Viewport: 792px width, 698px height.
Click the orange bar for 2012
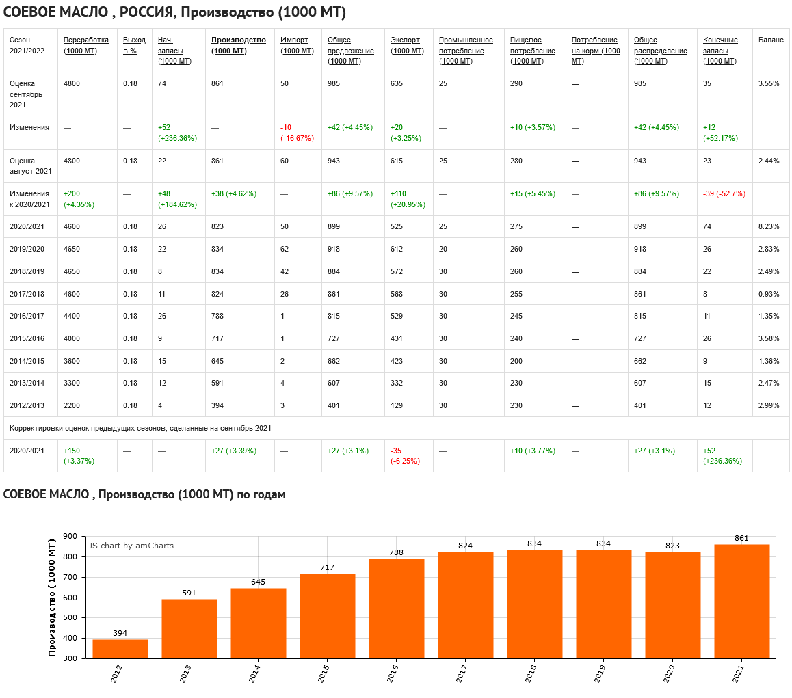coord(120,649)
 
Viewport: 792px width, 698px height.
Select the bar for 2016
coord(396,608)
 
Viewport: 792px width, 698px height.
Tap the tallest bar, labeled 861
coord(741,601)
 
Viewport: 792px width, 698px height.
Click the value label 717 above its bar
coord(327,568)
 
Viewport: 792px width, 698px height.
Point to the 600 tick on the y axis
coord(71,598)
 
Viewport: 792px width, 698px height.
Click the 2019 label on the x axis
coord(599,673)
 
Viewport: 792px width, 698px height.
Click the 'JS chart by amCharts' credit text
coord(131,546)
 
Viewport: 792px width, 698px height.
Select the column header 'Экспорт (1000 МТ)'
coord(406,45)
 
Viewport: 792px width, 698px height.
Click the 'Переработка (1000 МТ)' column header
coord(85,45)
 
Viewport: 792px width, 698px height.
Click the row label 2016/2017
coord(27,316)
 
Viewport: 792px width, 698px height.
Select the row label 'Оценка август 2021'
coord(30,165)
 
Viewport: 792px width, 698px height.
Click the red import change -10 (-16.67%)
coord(297,133)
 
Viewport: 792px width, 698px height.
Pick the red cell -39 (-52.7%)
coord(724,193)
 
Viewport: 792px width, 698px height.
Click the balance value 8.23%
coord(769,226)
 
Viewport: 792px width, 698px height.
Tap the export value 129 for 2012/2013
coord(397,405)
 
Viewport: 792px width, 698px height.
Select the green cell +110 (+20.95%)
coord(406,199)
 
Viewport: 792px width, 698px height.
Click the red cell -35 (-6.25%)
coord(405,455)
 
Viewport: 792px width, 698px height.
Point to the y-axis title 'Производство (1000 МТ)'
coord(53,598)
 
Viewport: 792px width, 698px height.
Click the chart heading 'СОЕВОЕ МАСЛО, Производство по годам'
coord(144,494)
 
